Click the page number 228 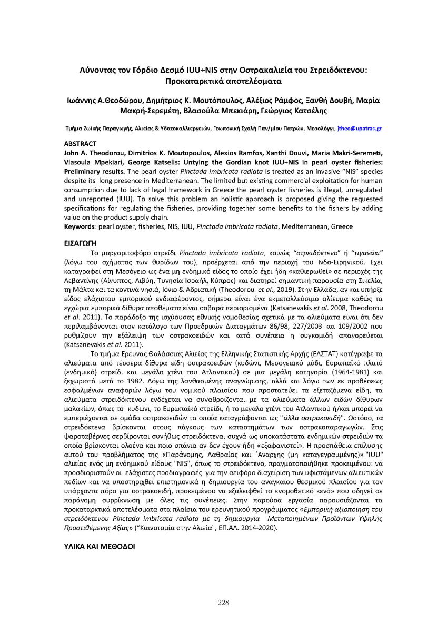pyautogui.click(x=223, y=603)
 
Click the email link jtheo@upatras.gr pyautogui.click(x=360, y=128)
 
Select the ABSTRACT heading pyautogui.click(x=80, y=143)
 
